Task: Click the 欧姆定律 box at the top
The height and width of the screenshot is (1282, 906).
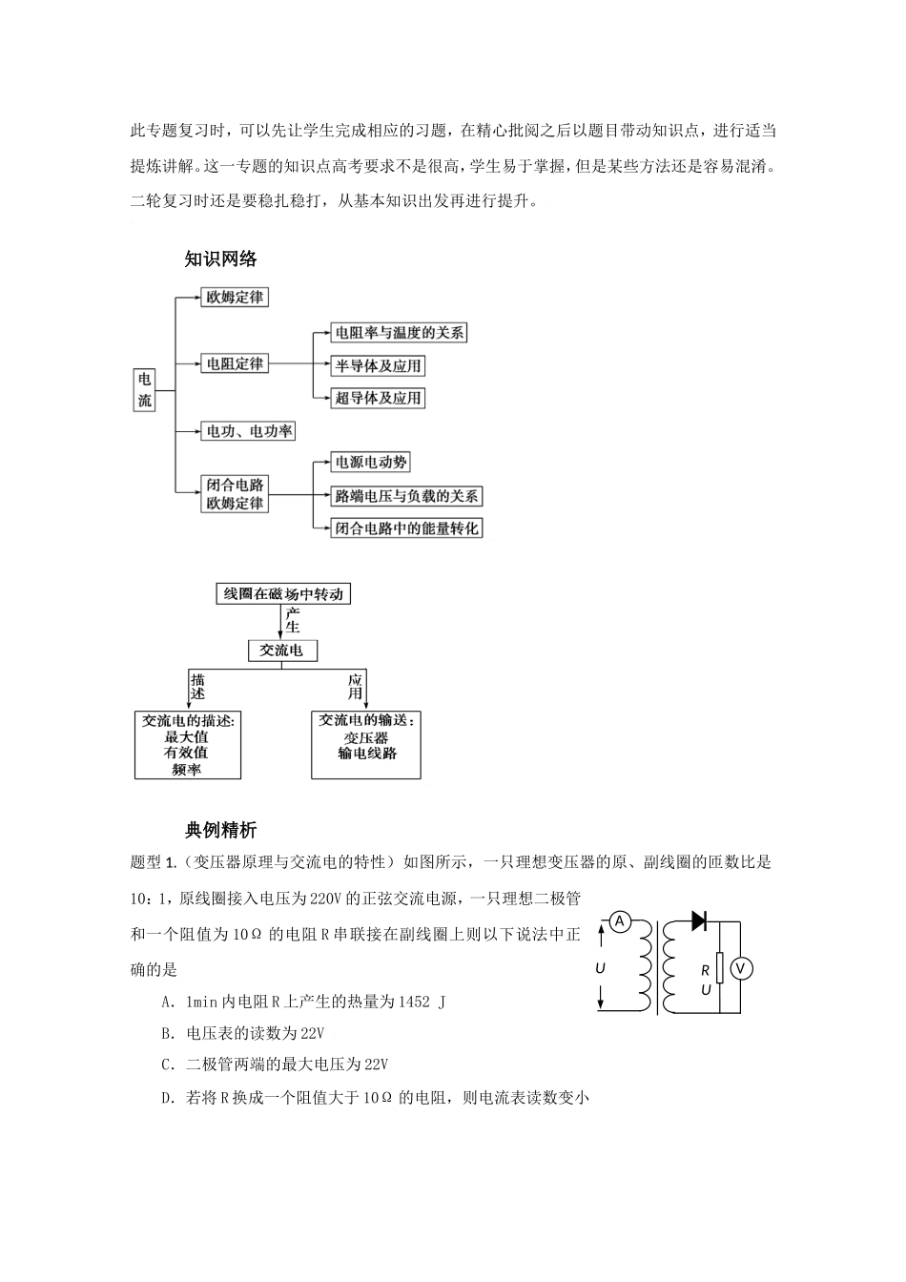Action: tap(235, 298)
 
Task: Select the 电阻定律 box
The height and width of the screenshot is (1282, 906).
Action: tap(235, 363)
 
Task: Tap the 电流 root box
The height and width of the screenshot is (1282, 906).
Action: tap(144, 390)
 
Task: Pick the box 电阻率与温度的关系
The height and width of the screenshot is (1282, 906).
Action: tap(399, 333)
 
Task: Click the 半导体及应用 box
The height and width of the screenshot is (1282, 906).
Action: tap(378, 365)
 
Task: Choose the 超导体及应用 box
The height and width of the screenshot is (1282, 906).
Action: tap(378, 398)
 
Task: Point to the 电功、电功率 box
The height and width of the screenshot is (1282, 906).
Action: tap(249, 431)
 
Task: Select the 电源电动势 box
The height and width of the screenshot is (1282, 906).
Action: tap(370, 463)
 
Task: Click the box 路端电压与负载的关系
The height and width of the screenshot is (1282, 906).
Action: tap(406, 496)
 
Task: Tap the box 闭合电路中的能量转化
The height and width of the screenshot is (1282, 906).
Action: tap(406, 528)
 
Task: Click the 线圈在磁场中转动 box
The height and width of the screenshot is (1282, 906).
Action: tap(283, 594)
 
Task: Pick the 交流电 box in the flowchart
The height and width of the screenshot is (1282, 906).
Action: tap(281, 651)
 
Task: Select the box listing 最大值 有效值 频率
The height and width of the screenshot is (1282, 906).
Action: tap(188, 744)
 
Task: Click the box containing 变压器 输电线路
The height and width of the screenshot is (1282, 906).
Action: tap(367, 744)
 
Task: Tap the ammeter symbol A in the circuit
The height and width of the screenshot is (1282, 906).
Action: tap(620, 920)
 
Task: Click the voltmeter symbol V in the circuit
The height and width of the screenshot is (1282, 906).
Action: tap(741, 969)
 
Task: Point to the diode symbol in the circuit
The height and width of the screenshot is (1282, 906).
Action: tap(698, 920)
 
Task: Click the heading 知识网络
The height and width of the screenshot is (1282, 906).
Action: tap(220, 258)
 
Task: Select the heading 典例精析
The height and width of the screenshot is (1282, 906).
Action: tap(220, 831)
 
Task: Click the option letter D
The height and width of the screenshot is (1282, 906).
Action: tap(167, 1098)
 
